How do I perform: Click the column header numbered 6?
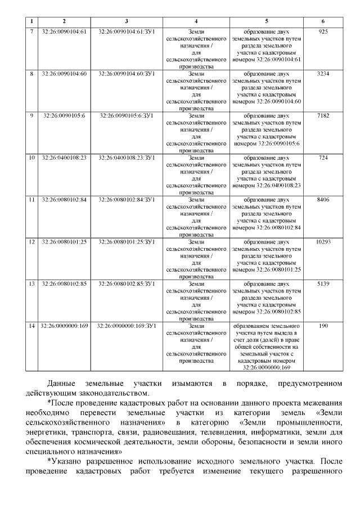tap(323, 21)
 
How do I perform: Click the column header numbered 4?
tap(196, 21)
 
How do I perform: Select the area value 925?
tap(323, 31)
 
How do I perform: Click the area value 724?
tap(323, 158)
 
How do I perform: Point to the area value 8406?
tap(323, 200)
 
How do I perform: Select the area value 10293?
tap(323, 242)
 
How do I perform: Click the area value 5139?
tap(323, 284)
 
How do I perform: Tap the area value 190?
tap(323, 326)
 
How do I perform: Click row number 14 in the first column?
tap(31, 326)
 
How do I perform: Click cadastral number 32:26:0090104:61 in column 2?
tap(64, 31)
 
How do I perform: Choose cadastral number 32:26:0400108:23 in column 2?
tap(64, 158)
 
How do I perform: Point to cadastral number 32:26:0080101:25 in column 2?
tap(64, 242)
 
